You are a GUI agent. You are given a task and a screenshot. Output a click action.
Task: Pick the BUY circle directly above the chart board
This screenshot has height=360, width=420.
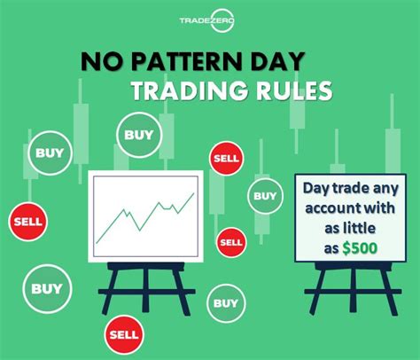[138, 136]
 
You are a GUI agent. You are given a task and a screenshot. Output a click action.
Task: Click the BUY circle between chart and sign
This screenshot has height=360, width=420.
[264, 195]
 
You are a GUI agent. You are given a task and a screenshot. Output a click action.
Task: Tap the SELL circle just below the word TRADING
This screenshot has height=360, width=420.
[223, 158]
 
